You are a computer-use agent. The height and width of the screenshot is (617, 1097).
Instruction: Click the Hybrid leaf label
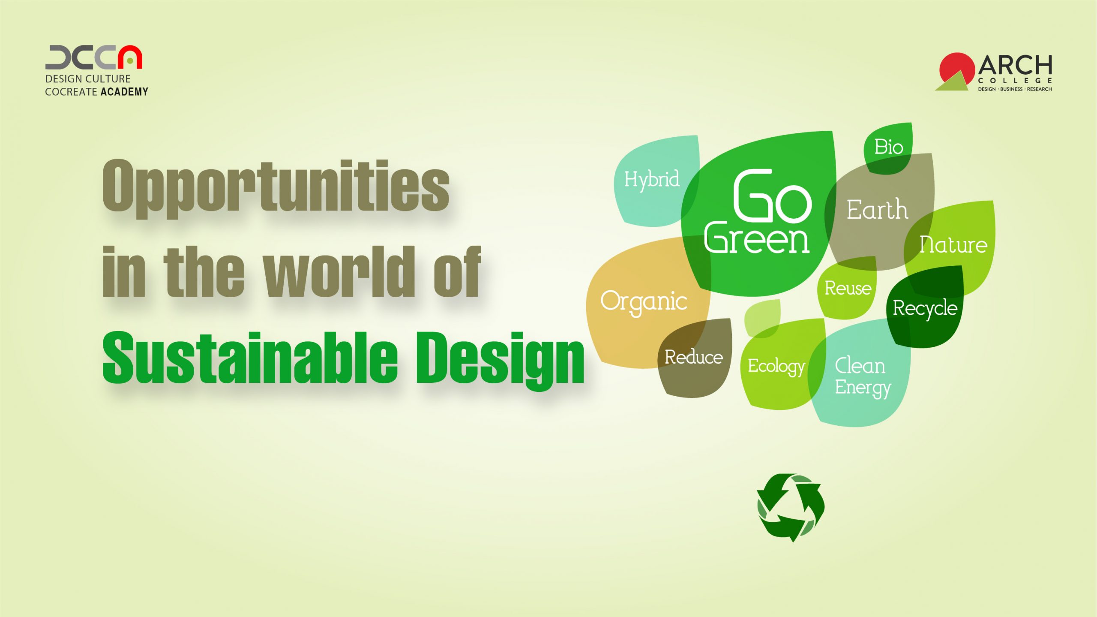pos(651,179)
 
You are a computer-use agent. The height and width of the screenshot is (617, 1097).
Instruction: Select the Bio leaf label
pos(888,147)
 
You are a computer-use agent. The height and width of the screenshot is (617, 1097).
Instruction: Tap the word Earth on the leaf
pos(877,210)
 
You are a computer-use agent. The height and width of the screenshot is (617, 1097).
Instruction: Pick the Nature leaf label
pos(953,245)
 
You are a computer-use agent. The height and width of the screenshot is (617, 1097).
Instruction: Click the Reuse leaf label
pos(848,288)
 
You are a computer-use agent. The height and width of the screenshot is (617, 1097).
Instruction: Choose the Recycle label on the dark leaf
pos(925,308)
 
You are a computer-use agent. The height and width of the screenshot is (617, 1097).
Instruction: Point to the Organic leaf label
pos(644,302)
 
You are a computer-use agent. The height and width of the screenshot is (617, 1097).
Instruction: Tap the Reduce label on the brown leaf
pos(693,357)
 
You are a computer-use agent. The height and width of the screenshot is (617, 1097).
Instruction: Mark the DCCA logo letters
pos(93,57)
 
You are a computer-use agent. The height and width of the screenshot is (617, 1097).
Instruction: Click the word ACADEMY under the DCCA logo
pos(124,92)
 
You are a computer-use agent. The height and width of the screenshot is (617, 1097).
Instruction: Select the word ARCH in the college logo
pos(1015,66)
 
